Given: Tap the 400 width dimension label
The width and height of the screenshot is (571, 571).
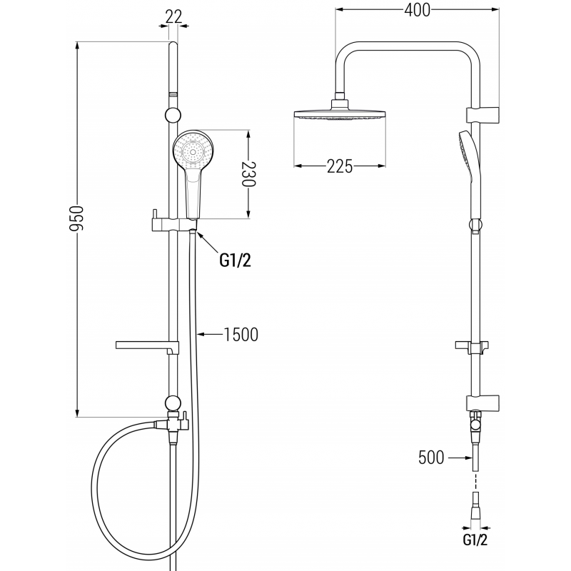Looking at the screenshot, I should [x=416, y=11].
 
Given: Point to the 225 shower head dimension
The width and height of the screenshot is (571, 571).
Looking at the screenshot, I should [x=340, y=166].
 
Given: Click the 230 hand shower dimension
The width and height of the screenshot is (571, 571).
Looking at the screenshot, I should [x=248, y=173].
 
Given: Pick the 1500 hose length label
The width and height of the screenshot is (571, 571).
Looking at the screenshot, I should [x=240, y=333].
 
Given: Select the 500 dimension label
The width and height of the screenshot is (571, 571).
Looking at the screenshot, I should [x=432, y=457].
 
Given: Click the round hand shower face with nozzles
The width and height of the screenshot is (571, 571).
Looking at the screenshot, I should [x=193, y=151].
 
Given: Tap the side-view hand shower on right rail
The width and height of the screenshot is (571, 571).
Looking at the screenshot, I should [x=470, y=164].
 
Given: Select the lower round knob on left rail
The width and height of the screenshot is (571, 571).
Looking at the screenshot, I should [x=172, y=402].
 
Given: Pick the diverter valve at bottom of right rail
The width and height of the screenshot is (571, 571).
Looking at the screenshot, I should [x=474, y=425].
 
